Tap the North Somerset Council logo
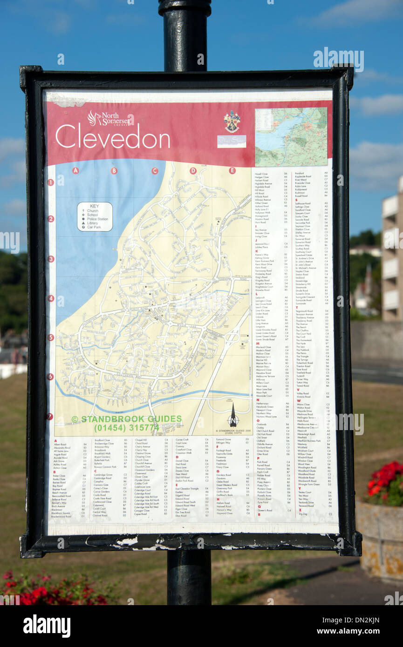[110, 119]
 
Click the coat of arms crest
[232, 121]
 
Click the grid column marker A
[75, 171]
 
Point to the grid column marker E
[232, 170]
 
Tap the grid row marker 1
[50, 182]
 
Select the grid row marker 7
[50, 417]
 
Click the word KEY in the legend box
[95, 206]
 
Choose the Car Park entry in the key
[94, 227]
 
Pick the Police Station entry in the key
[97, 219]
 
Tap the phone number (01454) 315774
[126, 427]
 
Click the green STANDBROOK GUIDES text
[126, 419]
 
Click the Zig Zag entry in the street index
[303, 514]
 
